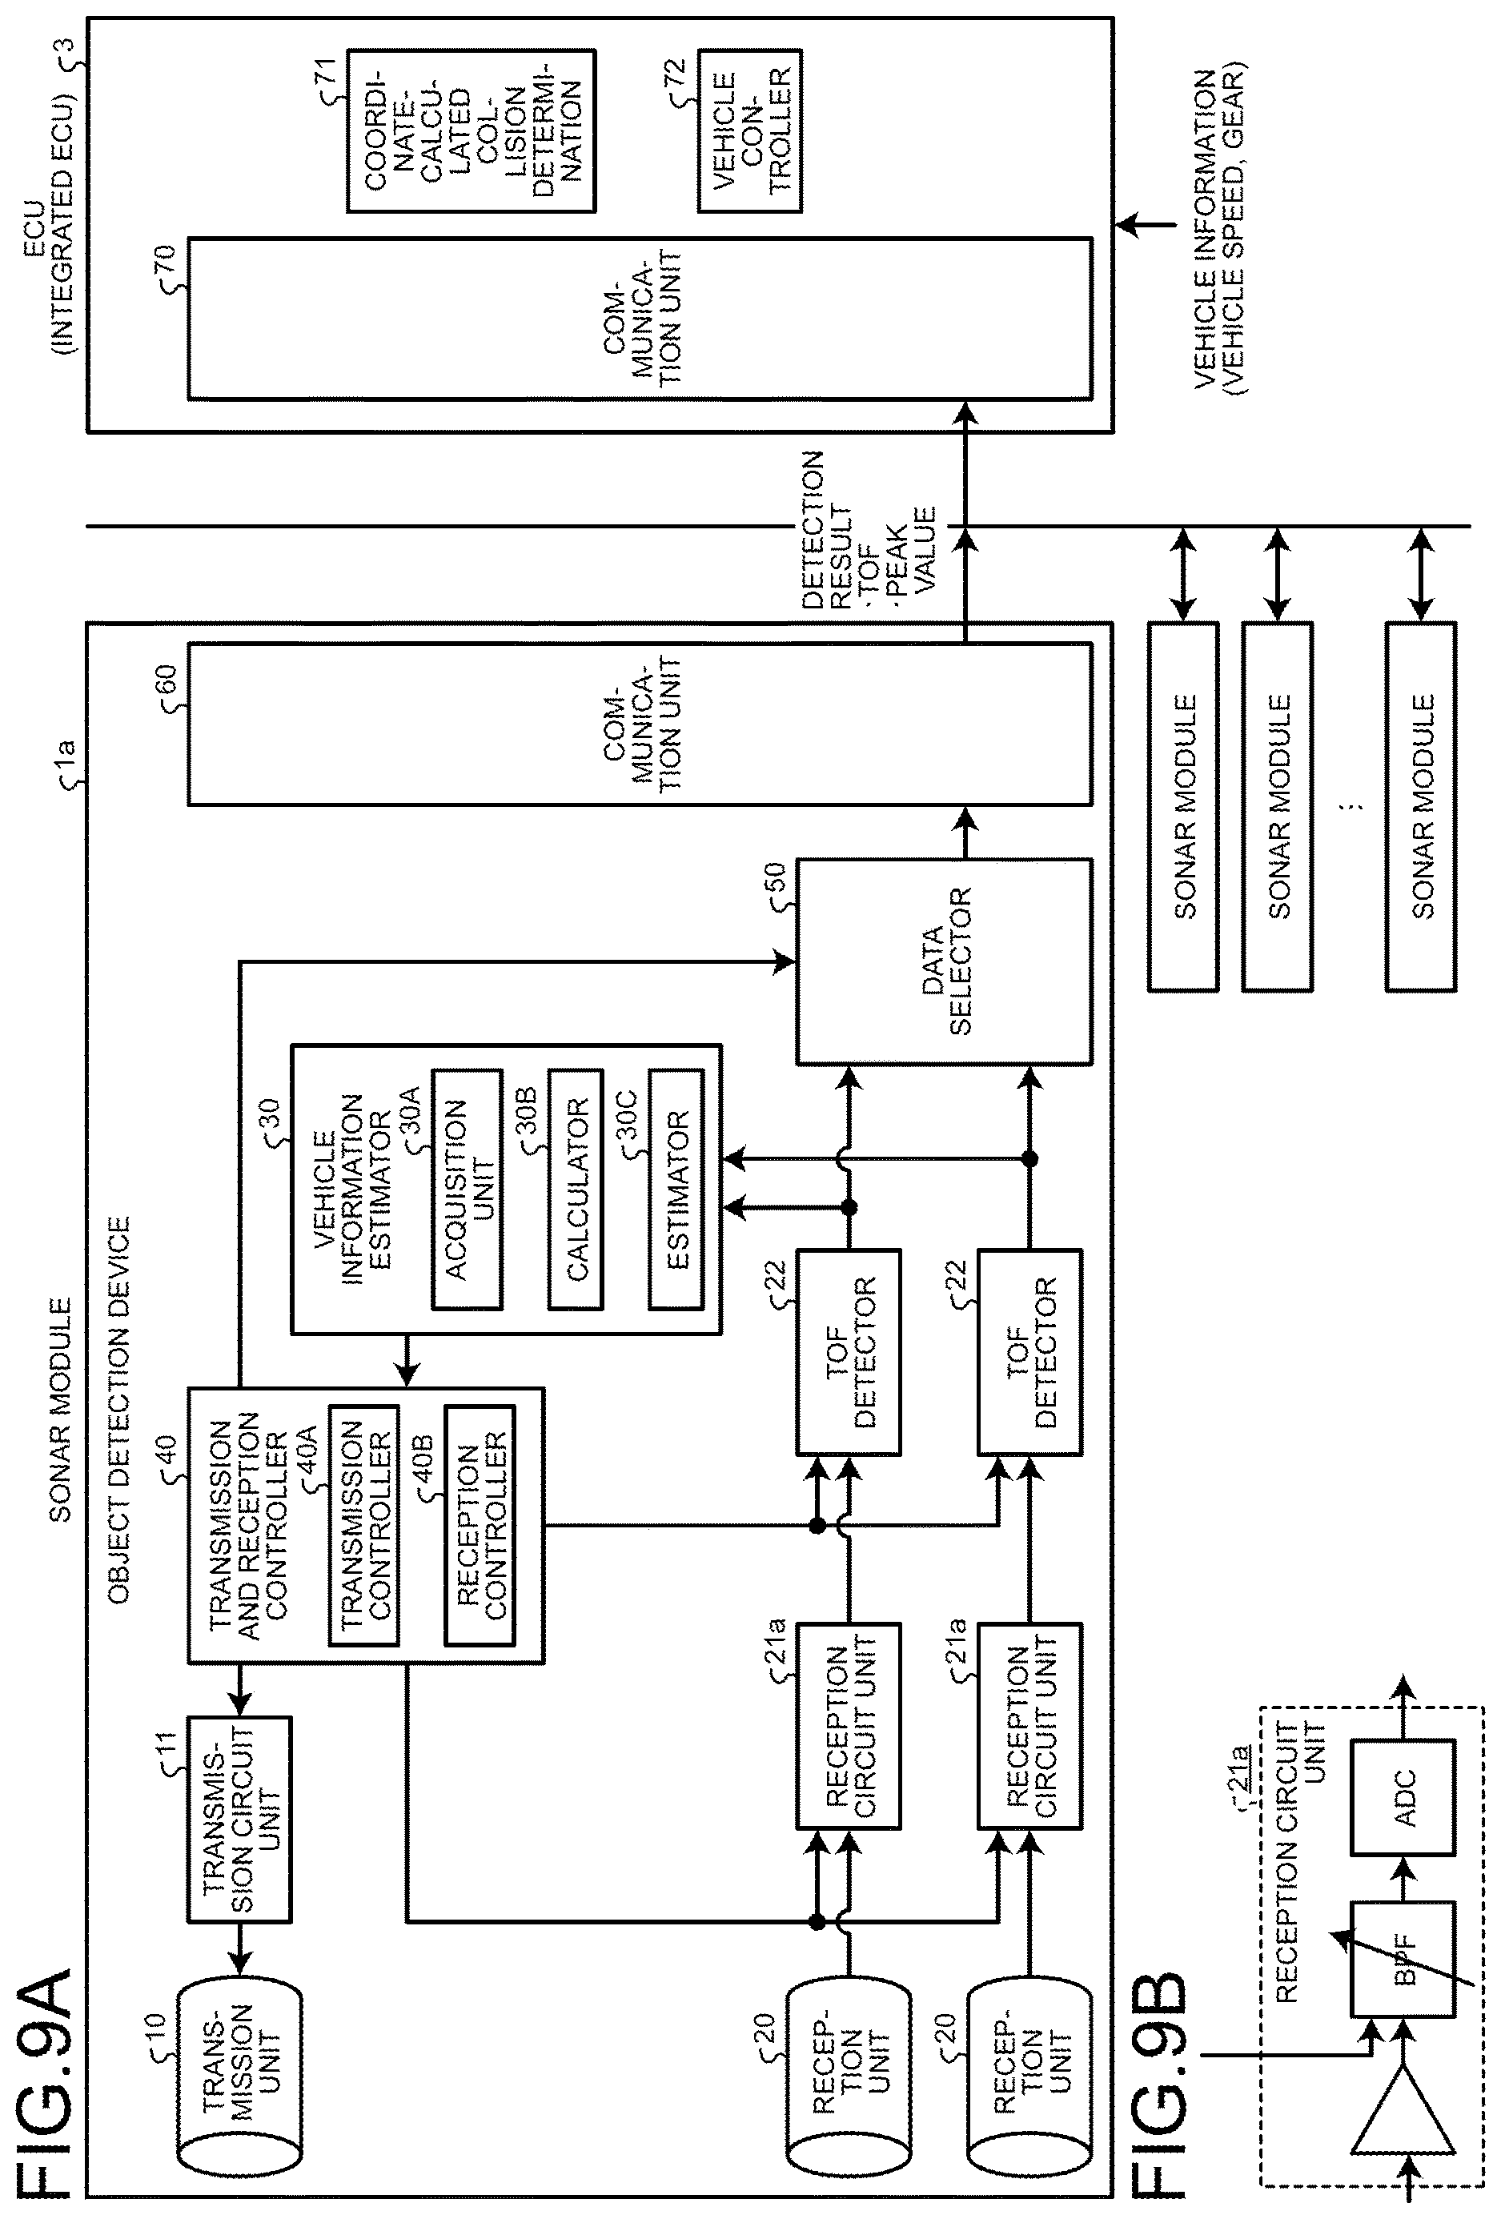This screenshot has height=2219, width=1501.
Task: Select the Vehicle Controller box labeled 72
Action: (x=749, y=130)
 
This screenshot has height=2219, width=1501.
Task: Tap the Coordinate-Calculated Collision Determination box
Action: (x=471, y=130)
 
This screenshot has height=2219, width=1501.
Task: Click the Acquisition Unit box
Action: (x=467, y=1189)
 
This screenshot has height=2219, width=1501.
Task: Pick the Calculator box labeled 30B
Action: (x=576, y=1189)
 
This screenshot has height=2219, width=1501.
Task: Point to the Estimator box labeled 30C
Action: (x=676, y=1189)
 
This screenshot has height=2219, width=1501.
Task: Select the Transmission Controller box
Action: (x=363, y=1525)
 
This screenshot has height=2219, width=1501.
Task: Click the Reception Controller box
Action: (x=480, y=1525)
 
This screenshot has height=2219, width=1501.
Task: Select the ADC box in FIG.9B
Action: (x=1403, y=1798)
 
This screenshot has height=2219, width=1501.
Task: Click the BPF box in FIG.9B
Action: (x=1403, y=1960)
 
